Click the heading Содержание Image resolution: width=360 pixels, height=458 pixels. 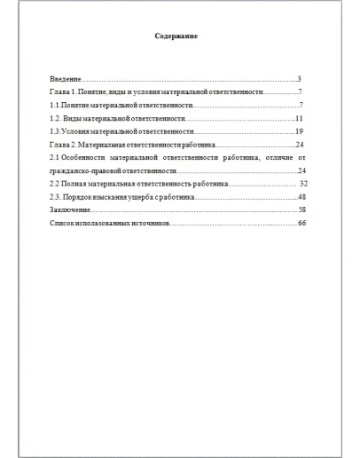pyautogui.click(x=176, y=37)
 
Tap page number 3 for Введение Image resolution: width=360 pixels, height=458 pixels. pyautogui.click(x=301, y=79)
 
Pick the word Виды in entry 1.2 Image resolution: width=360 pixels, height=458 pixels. pyautogui.click(x=76, y=118)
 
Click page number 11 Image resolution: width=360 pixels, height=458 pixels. pyautogui.click(x=301, y=118)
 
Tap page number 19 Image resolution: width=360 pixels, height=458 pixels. pyautogui.click(x=301, y=130)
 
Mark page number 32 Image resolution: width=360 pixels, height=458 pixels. pyautogui.click(x=302, y=183)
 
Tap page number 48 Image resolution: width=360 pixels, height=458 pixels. pyautogui.click(x=301, y=195)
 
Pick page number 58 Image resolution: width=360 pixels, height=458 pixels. pyautogui.click(x=301, y=209)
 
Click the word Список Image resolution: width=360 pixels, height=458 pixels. pyautogui.click(x=63, y=222)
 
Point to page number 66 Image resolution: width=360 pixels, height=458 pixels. pyautogui.click(x=301, y=222)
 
